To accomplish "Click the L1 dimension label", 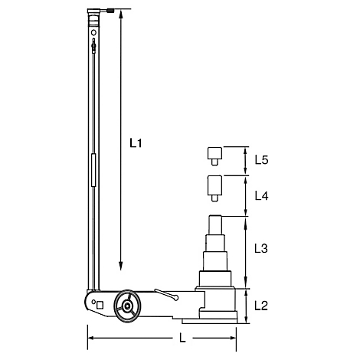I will point(137,142).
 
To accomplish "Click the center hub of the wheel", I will point(125,307).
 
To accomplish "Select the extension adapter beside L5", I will point(213,155).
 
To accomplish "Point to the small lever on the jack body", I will point(165,293).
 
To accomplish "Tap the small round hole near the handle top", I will point(93,34).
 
